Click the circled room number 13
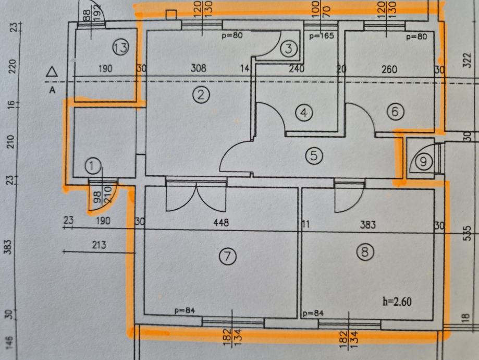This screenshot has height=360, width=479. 121,47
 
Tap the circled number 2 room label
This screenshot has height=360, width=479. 201,94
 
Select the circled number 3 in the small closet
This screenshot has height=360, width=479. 289,49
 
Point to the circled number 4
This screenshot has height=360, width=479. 304,113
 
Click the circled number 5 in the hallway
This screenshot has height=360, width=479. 314,155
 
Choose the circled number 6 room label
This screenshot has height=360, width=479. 395,111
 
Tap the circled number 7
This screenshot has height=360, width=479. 228,256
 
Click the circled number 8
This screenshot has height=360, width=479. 365,252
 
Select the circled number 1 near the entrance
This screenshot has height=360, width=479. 93,166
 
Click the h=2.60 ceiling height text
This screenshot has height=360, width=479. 397,302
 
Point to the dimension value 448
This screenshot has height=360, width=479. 221,222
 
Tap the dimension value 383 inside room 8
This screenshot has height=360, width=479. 367,225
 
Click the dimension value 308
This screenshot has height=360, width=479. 199,68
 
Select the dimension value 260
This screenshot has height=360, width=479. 389,69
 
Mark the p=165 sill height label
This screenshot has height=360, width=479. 322,36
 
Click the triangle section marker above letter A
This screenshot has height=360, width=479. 52,72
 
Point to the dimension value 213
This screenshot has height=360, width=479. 99,245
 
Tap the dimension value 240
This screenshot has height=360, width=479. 297,68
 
